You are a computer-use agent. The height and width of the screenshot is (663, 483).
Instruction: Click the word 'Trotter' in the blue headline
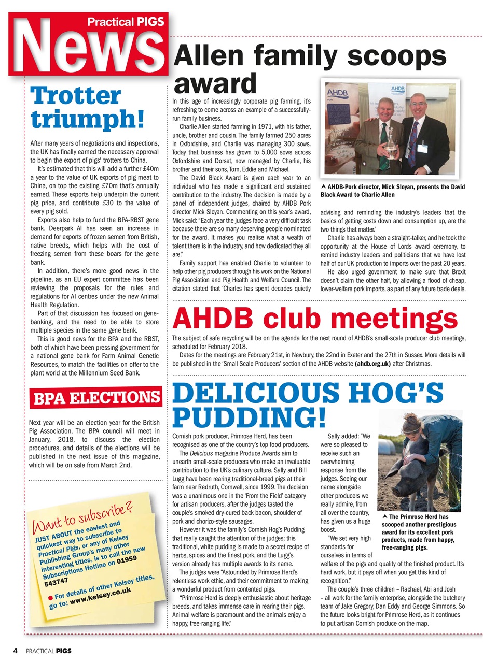pyautogui.click(x=76, y=96)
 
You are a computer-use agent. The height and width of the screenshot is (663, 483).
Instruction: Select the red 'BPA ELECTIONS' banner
pyautogui.click(x=96, y=398)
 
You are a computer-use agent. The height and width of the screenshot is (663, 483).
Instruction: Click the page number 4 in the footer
pyautogui.click(x=16, y=650)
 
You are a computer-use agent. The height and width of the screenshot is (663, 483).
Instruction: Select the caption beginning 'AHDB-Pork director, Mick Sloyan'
pyautogui.click(x=392, y=191)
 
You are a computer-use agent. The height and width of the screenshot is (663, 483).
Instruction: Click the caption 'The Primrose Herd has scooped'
pyautogui.click(x=418, y=531)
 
